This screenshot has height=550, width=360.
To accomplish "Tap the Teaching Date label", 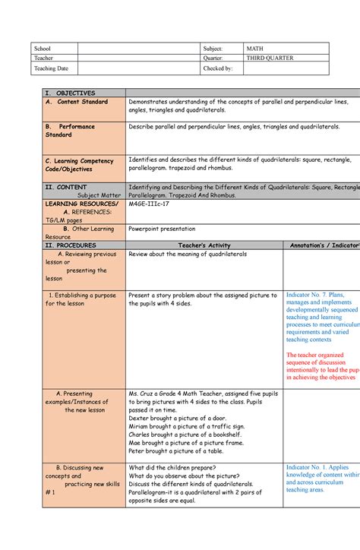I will point(49,68).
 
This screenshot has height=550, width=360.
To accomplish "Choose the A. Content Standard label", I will point(77,101).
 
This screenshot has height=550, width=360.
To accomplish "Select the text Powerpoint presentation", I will point(162,228).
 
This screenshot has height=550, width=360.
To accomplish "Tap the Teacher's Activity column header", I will point(203,245).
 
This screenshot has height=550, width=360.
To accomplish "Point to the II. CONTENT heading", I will point(66,186).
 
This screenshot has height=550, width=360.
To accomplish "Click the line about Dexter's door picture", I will point(176,417).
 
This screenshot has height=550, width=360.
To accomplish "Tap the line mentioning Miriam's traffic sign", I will point(185,425).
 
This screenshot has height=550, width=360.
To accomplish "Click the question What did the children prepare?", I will point(174,467).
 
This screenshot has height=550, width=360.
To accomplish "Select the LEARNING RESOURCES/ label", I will point(82,204).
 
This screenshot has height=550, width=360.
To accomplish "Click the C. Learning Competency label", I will point(79,161).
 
